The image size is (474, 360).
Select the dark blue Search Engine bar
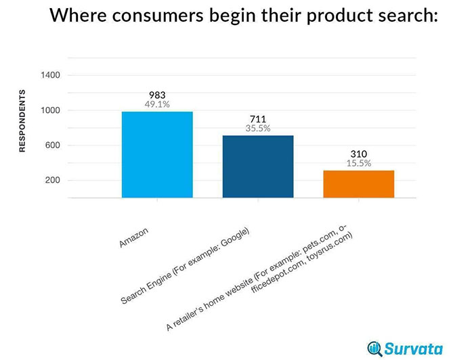(258, 166)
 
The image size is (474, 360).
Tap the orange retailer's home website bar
(358, 184)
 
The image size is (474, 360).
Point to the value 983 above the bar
(157, 95)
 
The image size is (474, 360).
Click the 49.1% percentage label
(157, 105)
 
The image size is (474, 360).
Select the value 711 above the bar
(258, 119)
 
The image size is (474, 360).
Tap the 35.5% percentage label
(258, 129)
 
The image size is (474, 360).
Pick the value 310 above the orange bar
(358, 154)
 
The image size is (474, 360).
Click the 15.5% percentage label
(358, 163)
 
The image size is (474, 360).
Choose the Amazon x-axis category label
(134, 238)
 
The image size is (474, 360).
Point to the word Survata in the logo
(418, 348)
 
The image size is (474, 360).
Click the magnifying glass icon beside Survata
(374, 348)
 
